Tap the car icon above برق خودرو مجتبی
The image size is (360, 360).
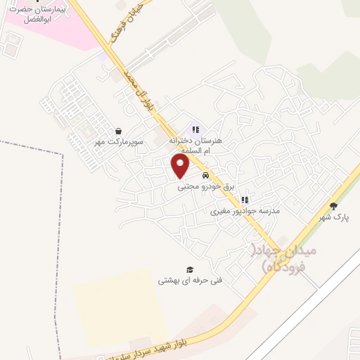205,175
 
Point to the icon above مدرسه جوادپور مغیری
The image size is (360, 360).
244,200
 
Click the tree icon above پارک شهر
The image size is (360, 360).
333,206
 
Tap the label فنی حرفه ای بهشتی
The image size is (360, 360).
190,280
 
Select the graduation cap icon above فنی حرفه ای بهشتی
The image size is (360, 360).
189,269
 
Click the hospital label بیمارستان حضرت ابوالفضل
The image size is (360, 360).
47,15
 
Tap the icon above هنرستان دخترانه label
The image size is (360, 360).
195,129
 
